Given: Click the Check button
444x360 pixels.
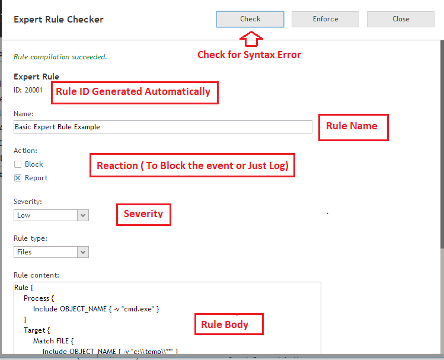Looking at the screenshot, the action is pos(250,19).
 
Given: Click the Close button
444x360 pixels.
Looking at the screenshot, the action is pos(401,19).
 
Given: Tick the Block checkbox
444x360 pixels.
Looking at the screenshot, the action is pos(18,164).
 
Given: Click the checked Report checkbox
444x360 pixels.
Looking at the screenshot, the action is pos(18,178).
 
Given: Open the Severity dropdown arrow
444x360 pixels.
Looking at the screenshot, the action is pos(83,215).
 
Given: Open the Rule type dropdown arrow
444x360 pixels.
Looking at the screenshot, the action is pos(83,252).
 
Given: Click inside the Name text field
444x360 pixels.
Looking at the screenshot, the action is pos(163,127).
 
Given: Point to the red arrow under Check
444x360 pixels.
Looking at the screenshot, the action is pos(251,39).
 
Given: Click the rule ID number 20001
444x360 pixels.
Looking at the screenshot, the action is pos(33,90).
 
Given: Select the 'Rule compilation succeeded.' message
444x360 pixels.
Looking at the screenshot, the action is pos(60,57).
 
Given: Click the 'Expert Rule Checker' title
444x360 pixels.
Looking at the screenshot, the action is pos(59,20).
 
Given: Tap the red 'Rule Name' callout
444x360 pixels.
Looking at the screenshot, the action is pos(353,128).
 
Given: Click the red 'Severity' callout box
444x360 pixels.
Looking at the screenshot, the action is pos(143,215).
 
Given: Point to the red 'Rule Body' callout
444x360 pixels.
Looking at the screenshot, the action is pos(229,324).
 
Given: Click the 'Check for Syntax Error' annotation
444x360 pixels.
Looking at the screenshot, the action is pos(249,55).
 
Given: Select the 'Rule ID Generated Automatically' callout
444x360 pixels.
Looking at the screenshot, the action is pos(135,93).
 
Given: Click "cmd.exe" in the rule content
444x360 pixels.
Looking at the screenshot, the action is pos(139,309).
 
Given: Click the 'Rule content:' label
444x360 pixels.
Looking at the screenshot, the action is pos(36,275).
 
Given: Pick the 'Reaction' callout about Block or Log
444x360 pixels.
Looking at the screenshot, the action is pos(192,165).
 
